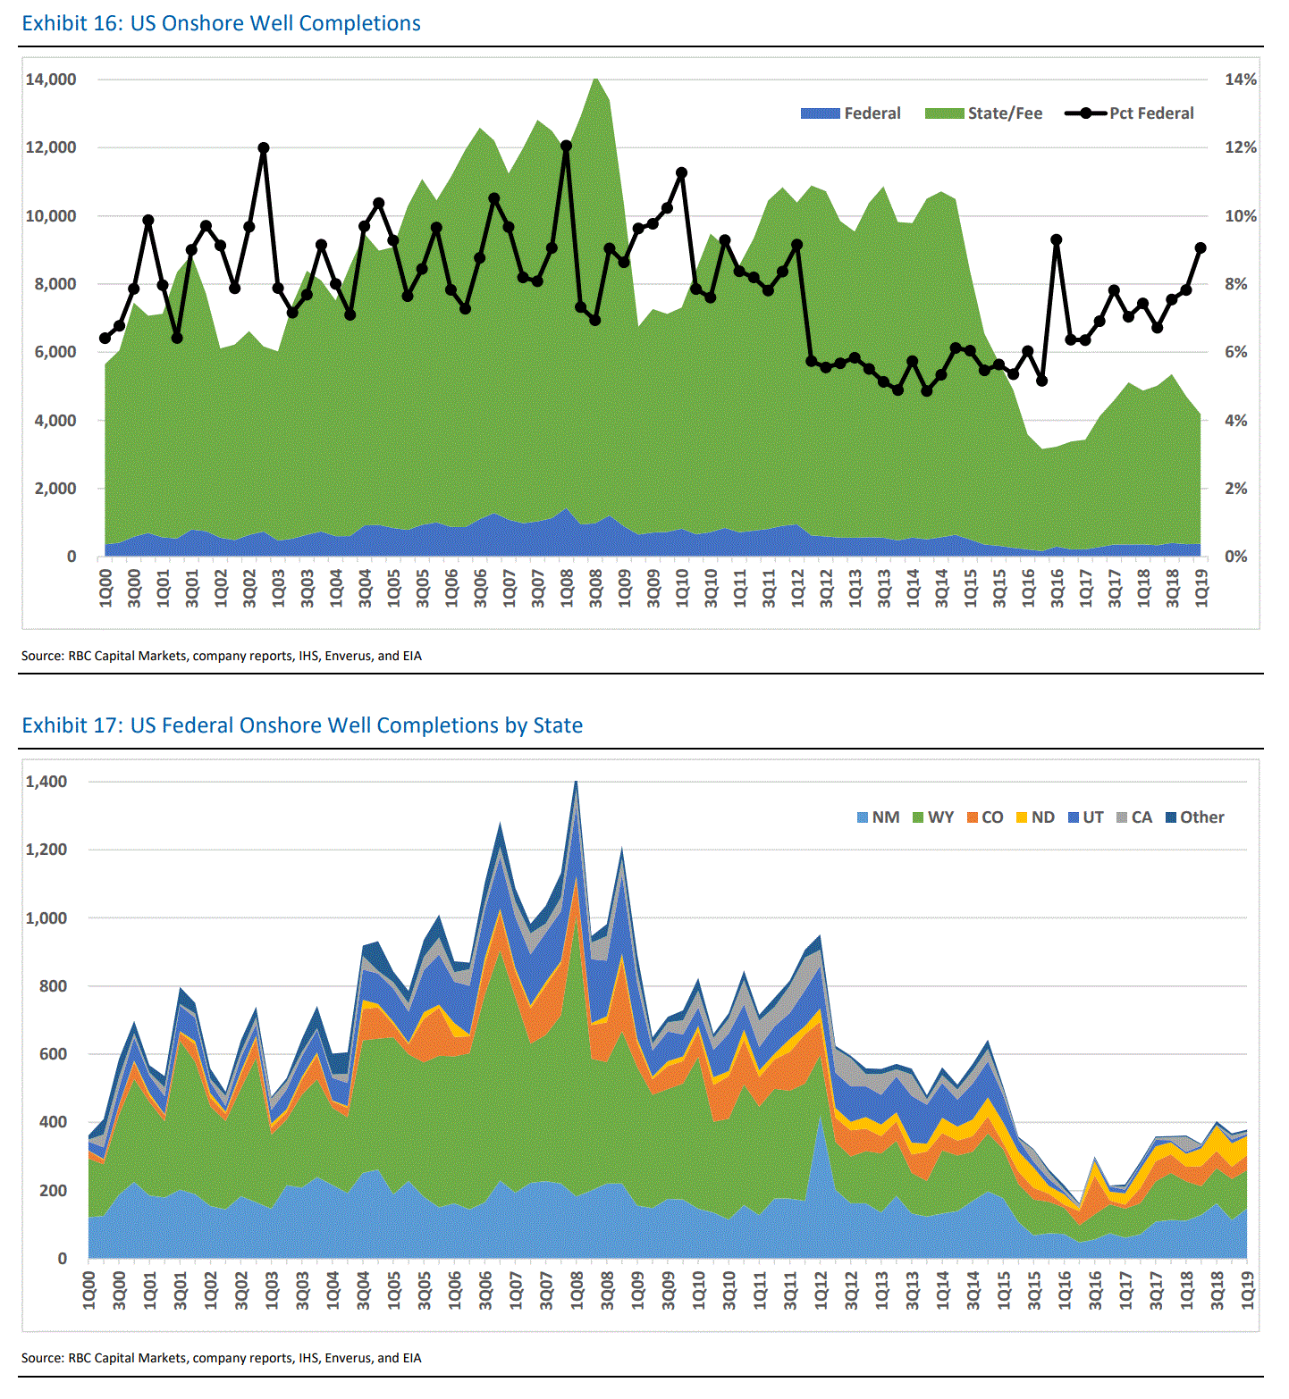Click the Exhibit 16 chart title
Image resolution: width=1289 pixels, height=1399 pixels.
click(x=221, y=23)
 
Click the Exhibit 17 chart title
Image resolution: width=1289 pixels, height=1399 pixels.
click(x=302, y=725)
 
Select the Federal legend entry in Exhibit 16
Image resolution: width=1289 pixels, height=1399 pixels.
click(x=850, y=113)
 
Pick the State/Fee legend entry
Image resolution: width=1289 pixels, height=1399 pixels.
click(x=983, y=113)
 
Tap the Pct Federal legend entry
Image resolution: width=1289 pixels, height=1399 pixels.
click(x=1130, y=113)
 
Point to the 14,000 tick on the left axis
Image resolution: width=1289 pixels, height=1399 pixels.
click(x=51, y=80)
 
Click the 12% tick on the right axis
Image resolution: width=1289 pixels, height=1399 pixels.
click(x=1240, y=147)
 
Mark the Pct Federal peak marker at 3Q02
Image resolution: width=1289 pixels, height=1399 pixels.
click(x=264, y=148)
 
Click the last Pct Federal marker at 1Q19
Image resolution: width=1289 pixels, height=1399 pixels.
click(x=1201, y=248)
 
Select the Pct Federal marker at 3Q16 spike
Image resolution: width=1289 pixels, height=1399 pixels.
click(x=1057, y=239)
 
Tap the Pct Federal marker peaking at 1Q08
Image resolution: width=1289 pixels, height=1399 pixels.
click(x=566, y=146)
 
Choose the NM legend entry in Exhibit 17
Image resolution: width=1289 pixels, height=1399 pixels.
click(x=878, y=817)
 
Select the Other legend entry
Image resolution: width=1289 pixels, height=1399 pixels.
click(x=1195, y=817)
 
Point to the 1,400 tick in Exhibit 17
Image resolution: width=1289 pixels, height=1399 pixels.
click(x=46, y=782)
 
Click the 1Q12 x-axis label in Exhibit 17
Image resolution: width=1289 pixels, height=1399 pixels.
click(x=821, y=1292)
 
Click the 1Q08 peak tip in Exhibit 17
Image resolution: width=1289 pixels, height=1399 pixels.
click(x=577, y=783)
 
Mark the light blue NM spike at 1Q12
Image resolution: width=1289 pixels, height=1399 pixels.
click(x=820, y=1118)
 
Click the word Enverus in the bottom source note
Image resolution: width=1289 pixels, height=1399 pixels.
click(x=349, y=1358)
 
